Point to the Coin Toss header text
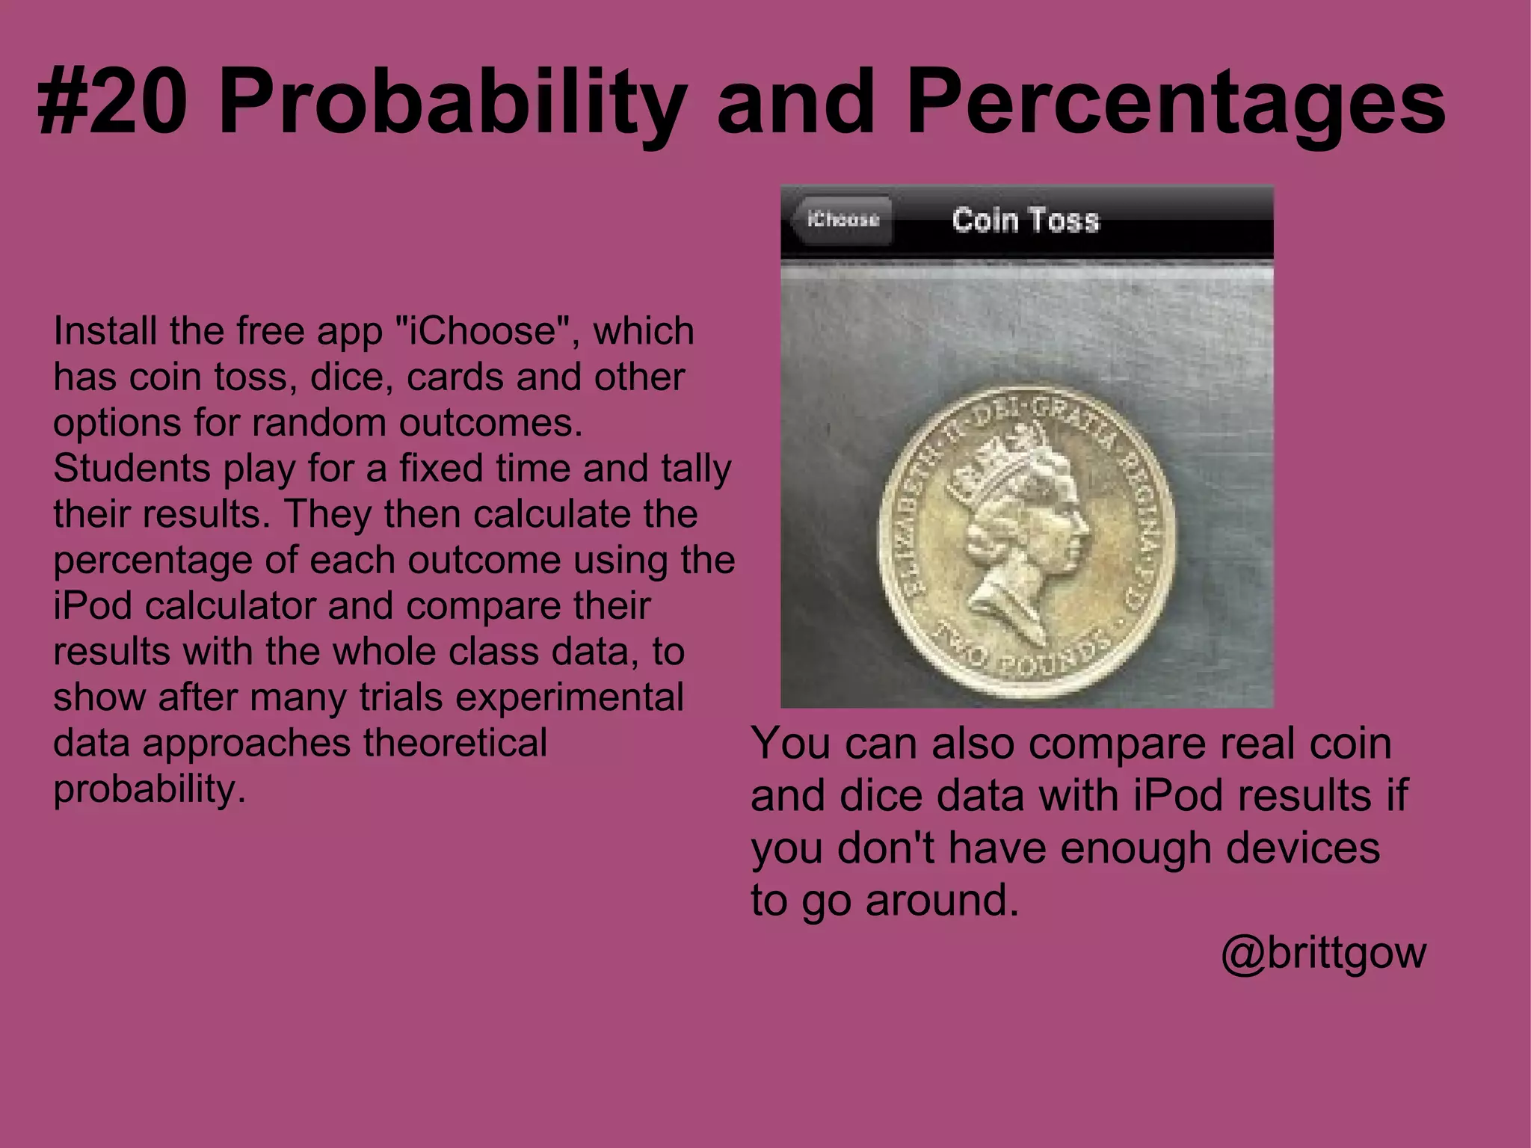point(1026,220)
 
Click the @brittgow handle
point(1323,953)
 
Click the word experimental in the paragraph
point(570,697)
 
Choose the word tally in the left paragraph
point(695,469)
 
